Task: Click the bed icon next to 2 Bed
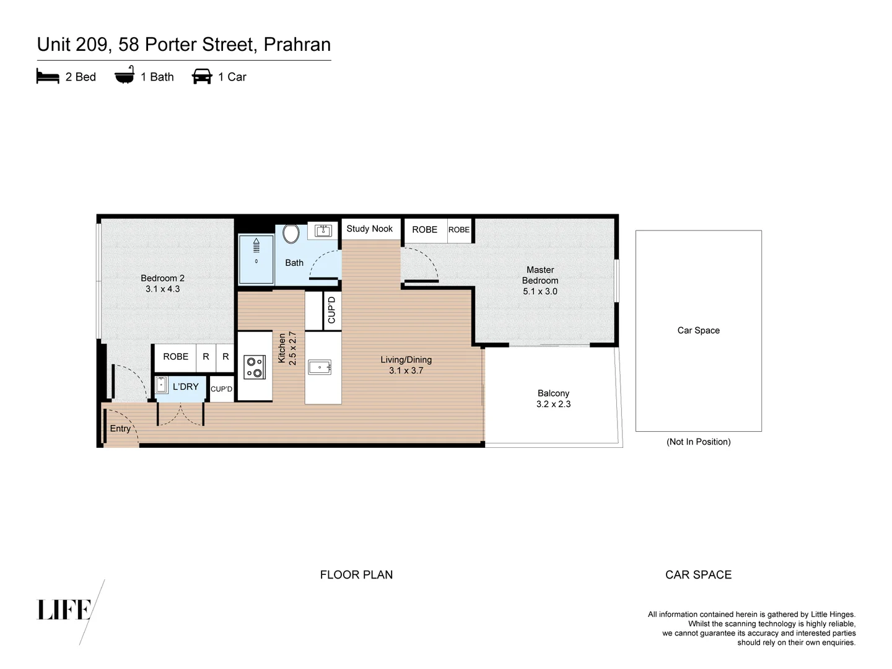click(48, 77)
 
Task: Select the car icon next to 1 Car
click(202, 77)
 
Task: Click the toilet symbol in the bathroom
click(291, 234)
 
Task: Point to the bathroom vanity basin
click(323, 231)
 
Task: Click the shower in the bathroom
click(256, 259)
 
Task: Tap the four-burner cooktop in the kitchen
click(255, 367)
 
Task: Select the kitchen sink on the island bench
click(320, 367)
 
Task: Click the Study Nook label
click(369, 229)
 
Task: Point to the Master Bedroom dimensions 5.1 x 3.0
click(540, 291)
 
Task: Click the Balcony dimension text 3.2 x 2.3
click(553, 404)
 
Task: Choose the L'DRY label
click(185, 387)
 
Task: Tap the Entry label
click(120, 428)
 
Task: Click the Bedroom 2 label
click(162, 278)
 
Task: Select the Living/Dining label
click(406, 359)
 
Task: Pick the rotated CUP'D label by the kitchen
click(331, 310)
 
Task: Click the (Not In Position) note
click(698, 442)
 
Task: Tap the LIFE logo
click(64, 610)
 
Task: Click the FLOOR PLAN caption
click(356, 575)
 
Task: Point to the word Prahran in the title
click(297, 45)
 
